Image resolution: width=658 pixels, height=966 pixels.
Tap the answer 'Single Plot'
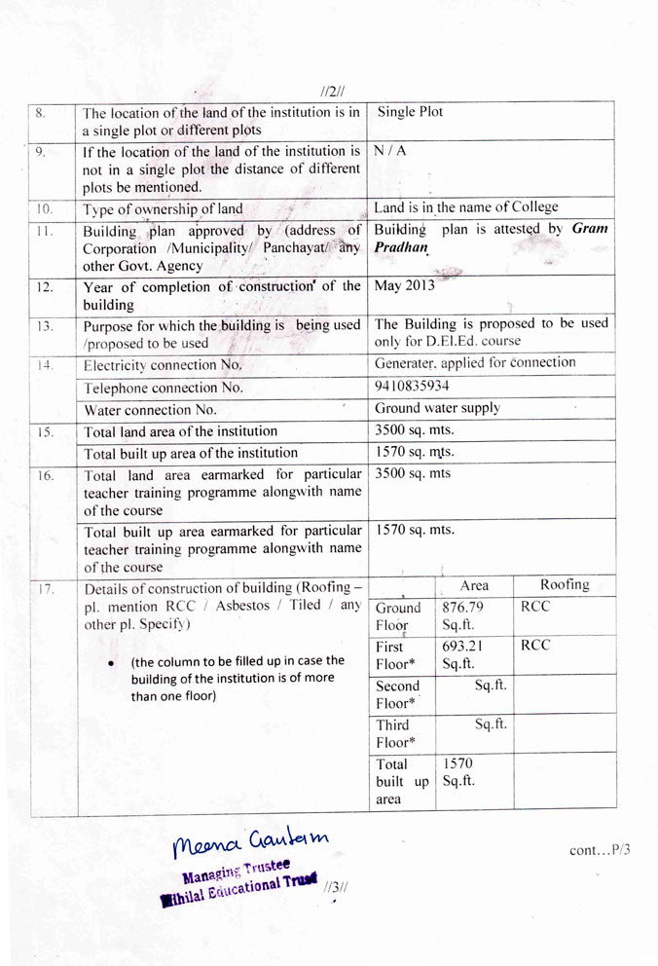[x=409, y=112]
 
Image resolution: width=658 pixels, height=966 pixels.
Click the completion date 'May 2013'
[x=405, y=285]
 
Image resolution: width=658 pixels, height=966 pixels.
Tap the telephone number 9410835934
[x=412, y=386]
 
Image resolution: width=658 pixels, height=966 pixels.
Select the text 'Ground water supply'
[x=438, y=408]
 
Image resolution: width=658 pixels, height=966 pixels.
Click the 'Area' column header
[x=474, y=585]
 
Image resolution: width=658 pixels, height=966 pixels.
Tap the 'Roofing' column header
[x=565, y=584]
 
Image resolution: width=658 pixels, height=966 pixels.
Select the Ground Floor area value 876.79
[x=463, y=608]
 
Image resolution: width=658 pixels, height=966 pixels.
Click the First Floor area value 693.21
[x=462, y=647]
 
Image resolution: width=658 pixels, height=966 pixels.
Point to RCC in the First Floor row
[x=535, y=645]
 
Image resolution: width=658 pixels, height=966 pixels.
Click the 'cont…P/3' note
[x=600, y=850]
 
